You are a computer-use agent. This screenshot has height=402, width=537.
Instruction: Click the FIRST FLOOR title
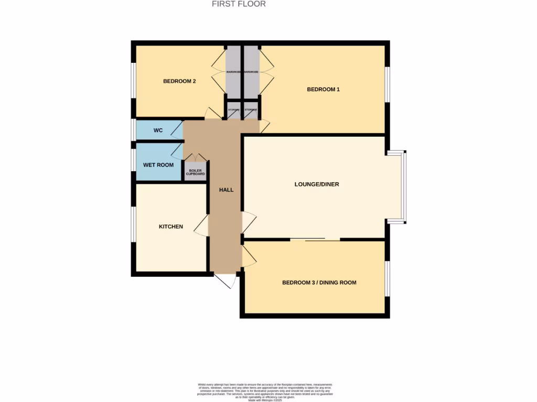pos(239,4)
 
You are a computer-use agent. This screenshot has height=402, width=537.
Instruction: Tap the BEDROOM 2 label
pos(179,81)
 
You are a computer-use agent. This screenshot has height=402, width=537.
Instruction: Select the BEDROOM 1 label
pos(323,90)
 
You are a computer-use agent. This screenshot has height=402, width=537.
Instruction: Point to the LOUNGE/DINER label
pos(316,184)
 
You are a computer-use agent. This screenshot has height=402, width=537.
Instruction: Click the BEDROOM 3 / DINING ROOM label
pos(319,283)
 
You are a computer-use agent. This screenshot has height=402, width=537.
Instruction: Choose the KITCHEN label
pos(171,227)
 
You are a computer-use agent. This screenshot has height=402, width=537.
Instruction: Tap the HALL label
pos(226,189)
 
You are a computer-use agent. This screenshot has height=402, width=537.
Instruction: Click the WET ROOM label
pos(158,165)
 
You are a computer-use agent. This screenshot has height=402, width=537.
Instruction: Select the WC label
pos(158,130)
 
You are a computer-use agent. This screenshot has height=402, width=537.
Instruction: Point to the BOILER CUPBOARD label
pos(195,172)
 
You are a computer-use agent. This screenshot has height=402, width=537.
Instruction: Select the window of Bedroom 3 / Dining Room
pos(388,278)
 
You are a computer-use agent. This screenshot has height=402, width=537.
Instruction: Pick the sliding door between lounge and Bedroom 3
pos(315,240)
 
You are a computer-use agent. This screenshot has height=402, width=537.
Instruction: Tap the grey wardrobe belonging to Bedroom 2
pos(233,72)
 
